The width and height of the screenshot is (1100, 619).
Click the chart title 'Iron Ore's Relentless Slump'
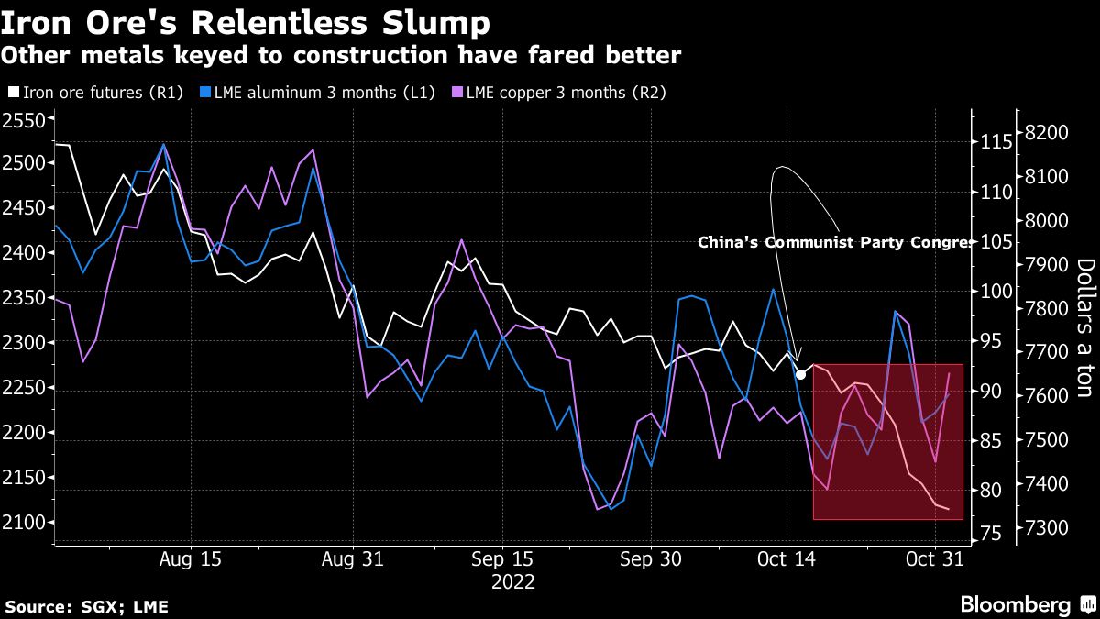(245, 20)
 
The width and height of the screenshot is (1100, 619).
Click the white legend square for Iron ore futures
(12, 92)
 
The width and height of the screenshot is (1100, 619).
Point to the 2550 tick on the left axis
(24, 120)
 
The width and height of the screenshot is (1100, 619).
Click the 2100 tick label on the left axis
(24, 523)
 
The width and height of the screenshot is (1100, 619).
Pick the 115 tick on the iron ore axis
(994, 142)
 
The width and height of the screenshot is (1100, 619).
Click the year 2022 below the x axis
(513, 581)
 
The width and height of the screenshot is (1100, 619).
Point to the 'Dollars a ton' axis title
(1084, 327)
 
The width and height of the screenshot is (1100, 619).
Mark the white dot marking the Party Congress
(800, 373)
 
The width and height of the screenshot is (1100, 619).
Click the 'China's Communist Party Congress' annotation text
(835, 243)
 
